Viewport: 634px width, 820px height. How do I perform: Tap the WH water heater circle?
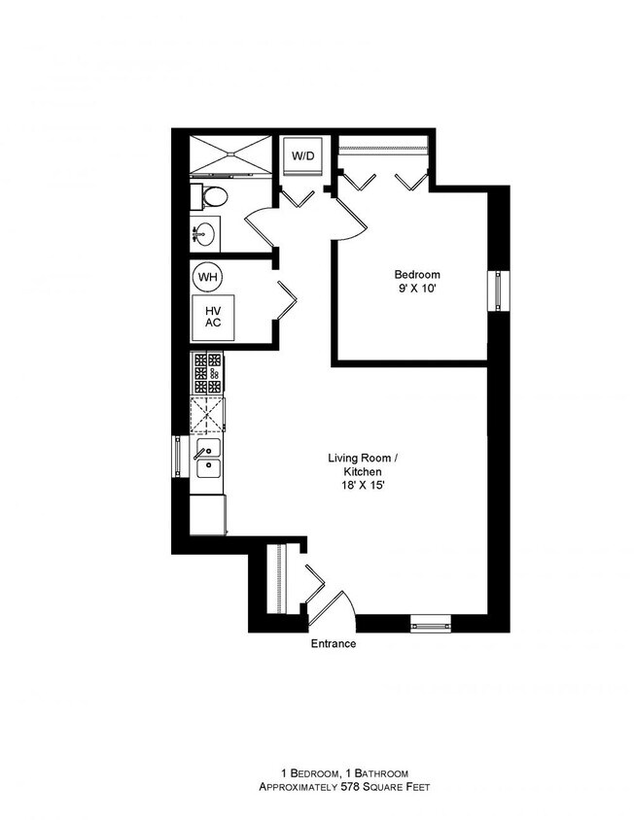tap(207, 277)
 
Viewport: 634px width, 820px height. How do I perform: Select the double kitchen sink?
tap(207, 459)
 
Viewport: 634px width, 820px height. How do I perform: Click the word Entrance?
tap(333, 644)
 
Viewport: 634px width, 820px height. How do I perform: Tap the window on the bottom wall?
tap(430, 623)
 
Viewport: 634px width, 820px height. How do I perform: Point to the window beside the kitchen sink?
tap(177, 456)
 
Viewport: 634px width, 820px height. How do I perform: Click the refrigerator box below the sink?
tap(207, 513)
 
